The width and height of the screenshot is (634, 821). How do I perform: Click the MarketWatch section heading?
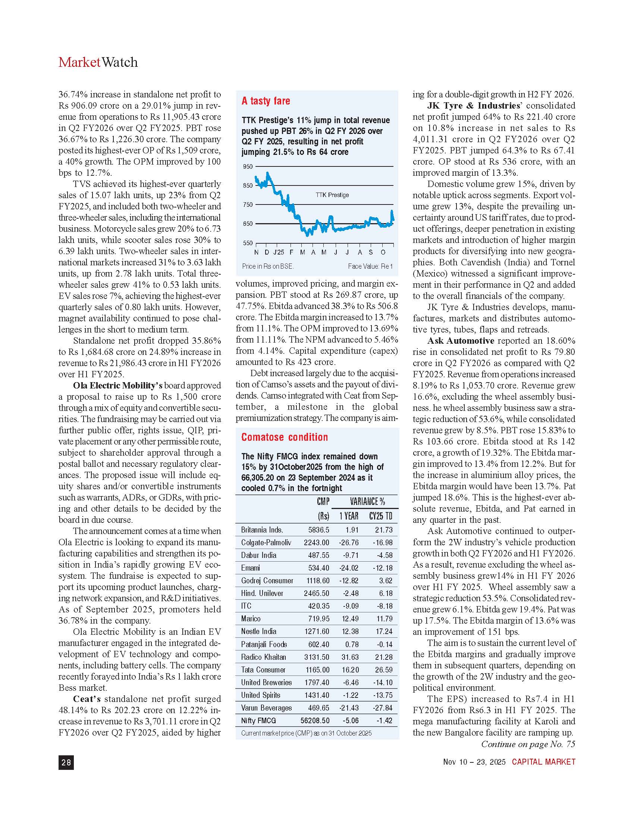coord(98,62)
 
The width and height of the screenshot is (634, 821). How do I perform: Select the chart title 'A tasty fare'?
coord(266,101)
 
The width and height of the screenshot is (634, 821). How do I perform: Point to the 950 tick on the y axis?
coord(248,166)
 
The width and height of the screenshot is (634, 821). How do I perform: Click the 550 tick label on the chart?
coord(248,243)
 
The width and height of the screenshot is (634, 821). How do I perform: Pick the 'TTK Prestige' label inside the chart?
coord(332,195)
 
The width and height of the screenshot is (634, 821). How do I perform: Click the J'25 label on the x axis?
coord(279,252)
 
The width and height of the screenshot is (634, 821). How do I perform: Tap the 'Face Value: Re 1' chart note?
coord(370,266)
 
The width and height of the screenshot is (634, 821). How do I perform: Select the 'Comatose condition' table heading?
coord(284,437)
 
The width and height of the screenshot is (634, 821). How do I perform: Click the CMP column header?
coord(323,502)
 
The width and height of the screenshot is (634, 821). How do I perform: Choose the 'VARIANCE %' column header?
coord(367,502)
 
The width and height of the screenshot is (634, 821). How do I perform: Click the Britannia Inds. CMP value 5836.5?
coord(318,530)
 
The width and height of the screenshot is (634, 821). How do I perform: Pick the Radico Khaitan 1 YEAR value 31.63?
coord(350,657)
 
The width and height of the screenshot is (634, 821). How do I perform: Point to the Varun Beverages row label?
coord(266,708)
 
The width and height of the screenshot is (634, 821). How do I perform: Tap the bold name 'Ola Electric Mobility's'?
coord(117,386)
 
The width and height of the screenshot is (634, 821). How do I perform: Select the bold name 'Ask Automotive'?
coord(461,341)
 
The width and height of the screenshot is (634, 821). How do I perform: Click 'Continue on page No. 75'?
coord(528,744)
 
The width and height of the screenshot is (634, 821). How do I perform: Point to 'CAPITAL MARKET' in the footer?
coord(543,762)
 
